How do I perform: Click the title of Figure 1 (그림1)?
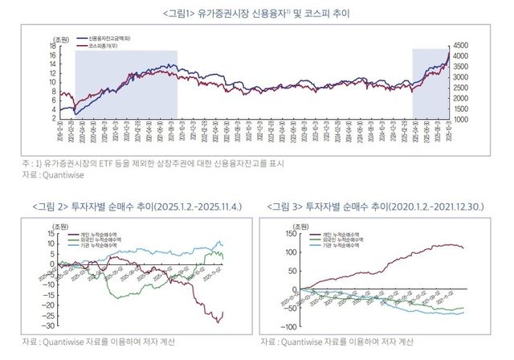(256, 14)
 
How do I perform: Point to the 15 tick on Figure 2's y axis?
(50, 232)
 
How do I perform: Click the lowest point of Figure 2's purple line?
(217, 322)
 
